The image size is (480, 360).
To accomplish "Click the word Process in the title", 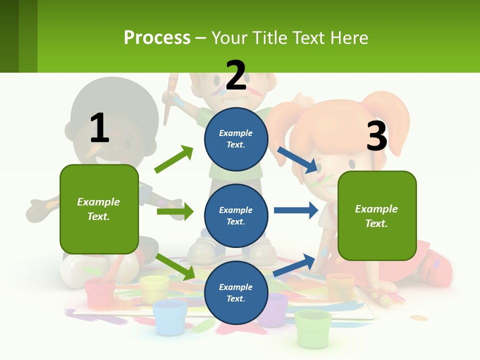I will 157,37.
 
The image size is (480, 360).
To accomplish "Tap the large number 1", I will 99,128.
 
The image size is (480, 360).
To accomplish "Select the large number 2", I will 236,75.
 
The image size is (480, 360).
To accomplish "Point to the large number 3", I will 377,136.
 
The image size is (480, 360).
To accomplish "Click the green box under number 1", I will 99,209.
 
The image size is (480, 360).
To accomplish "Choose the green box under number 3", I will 377,216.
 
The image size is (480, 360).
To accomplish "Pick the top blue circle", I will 236,139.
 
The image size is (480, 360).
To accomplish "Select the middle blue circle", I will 236,216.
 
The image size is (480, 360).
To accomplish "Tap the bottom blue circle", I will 236,293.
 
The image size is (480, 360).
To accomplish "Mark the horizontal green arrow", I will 175,211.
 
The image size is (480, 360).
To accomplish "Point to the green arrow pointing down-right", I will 175,267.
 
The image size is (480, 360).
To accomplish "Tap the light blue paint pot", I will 169,316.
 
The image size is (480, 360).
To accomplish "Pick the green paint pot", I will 313,327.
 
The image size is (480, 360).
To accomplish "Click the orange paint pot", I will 340,286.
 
